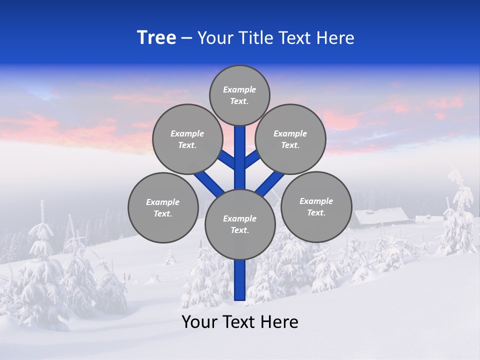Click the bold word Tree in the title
tap(156, 38)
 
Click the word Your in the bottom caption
tap(198, 322)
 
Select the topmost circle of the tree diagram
tap(239, 95)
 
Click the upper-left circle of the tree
tap(187, 139)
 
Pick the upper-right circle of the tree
tap(290, 139)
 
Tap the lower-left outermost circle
tap(163, 207)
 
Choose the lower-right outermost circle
tap(316, 206)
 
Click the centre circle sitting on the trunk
tap(240, 224)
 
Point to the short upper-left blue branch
tap(227, 160)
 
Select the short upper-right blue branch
tap(252, 159)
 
